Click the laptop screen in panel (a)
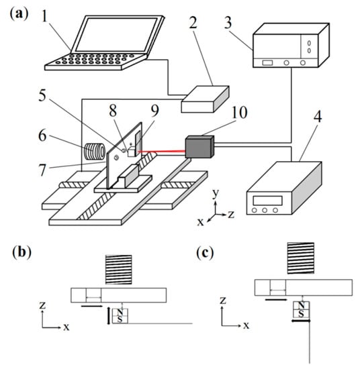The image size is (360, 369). [116, 35]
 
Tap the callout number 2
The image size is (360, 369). [193, 23]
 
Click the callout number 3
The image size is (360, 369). [228, 23]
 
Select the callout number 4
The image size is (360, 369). [318, 117]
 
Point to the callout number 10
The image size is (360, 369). [240, 112]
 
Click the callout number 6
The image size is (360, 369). [42, 136]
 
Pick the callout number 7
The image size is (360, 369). [42, 170]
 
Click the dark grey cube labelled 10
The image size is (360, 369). [200, 146]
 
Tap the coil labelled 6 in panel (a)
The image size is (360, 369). [95, 152]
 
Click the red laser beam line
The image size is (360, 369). [162, 152]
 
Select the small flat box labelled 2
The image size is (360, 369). [205, 99]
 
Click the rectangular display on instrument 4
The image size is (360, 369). [267, 201]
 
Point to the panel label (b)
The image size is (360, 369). [21, 252]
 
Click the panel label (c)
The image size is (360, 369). [205, 254]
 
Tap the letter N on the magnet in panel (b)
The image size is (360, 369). [120, 312]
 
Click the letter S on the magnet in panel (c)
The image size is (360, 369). [301, 313]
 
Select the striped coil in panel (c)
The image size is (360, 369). [301, 258]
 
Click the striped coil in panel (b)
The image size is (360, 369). [119, 270]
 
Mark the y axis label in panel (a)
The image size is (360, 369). [216, 193]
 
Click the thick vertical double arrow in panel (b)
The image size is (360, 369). [109, 315]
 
